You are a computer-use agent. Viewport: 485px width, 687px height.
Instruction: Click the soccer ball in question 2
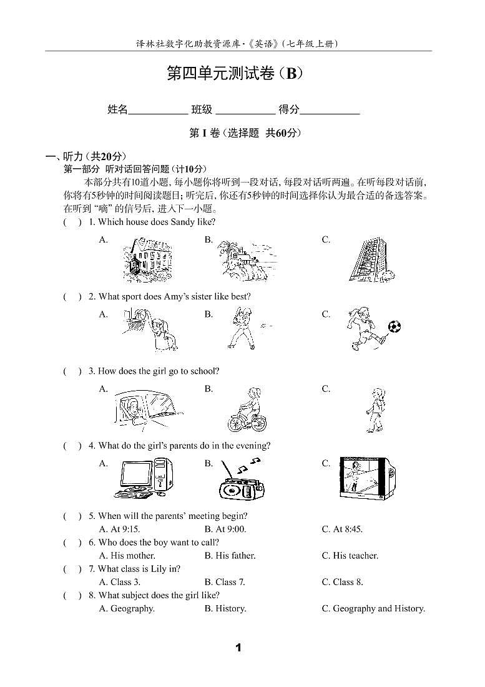tap(394, 326)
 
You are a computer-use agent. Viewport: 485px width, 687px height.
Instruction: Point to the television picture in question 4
tap(367, 478)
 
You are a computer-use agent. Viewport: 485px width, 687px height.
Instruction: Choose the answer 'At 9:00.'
tap(225, 529)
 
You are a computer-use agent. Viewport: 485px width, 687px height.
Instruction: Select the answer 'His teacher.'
tap(350, 555)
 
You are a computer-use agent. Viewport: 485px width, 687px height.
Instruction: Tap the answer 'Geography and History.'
tap(373, 608)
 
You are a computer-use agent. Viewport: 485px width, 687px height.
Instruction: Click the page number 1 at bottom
tap(238, 648)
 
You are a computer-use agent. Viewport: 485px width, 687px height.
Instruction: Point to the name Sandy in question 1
tap(182, 222)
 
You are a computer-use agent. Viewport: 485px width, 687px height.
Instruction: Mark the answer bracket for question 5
tap(72, 516)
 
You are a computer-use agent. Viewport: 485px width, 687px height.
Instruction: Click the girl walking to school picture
tap(375, 409)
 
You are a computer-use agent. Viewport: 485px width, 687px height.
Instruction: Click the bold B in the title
tap(291, 74)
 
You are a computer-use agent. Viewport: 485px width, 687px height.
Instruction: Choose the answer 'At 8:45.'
tap(342, 529)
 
